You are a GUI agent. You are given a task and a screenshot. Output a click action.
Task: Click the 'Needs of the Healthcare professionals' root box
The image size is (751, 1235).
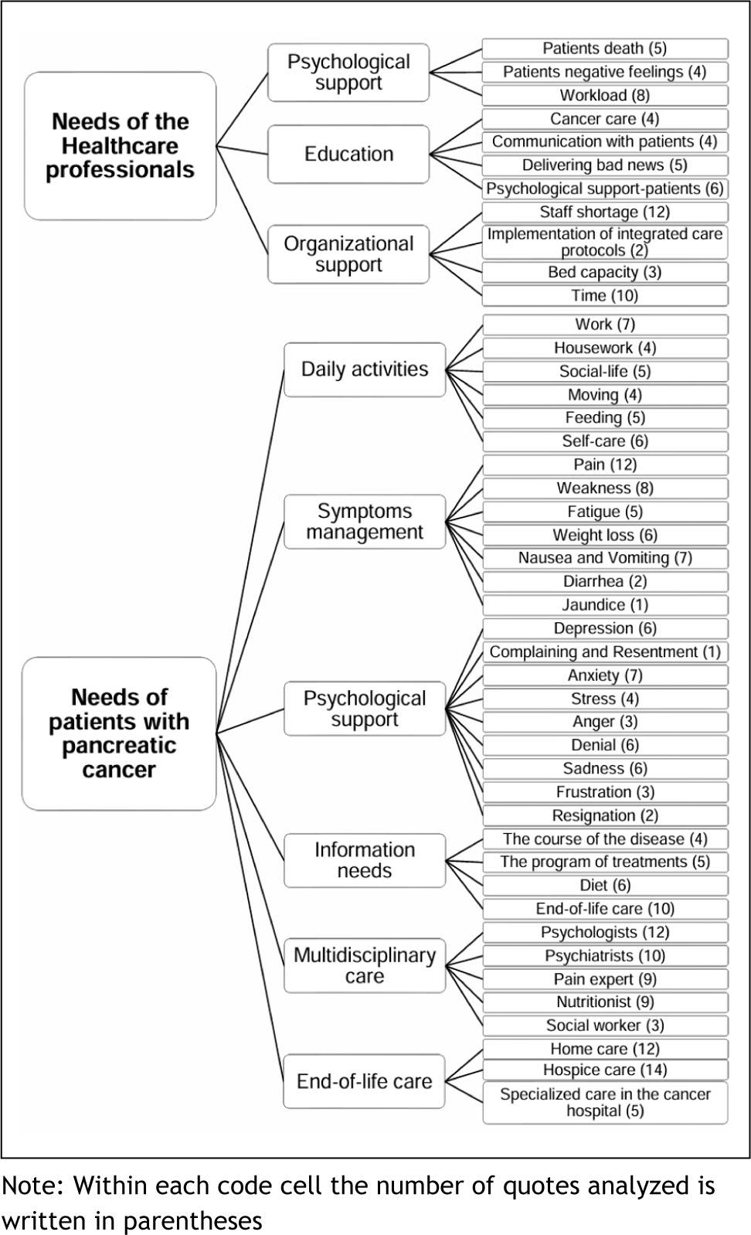120,146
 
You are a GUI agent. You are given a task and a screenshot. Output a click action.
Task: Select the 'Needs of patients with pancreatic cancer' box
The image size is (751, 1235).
119,733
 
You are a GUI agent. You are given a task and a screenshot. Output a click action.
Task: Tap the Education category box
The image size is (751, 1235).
348,154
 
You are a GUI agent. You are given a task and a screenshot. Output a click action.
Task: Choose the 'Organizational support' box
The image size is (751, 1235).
348,254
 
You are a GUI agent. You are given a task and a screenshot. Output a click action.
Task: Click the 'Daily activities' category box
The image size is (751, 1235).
365,369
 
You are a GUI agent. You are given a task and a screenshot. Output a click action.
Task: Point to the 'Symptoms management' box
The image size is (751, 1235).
365,522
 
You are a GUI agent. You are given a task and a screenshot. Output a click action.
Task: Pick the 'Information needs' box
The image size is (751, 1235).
365,860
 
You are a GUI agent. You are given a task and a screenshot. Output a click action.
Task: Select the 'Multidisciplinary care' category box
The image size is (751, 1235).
365,965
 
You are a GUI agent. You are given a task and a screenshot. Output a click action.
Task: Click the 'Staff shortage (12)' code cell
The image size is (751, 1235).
605,212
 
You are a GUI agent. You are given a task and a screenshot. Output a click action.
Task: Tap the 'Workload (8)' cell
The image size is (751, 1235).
605,95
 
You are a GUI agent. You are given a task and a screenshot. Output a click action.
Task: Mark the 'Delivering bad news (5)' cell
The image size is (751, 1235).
605,165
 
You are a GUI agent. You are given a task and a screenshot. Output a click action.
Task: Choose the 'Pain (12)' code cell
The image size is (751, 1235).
605,464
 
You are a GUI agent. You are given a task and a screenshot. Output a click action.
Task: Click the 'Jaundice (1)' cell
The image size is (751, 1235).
605,604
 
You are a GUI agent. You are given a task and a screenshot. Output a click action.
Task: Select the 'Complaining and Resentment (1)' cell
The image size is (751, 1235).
605,652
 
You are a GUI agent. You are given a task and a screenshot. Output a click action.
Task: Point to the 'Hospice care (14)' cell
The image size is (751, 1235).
605,1070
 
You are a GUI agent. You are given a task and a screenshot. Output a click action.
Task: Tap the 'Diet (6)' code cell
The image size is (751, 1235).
605,885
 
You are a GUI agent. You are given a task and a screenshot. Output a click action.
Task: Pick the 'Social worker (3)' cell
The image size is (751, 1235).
605,1025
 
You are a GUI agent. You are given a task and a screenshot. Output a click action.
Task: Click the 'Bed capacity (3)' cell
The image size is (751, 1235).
605,272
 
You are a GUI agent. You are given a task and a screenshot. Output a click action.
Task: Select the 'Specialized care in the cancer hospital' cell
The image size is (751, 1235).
605,1103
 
